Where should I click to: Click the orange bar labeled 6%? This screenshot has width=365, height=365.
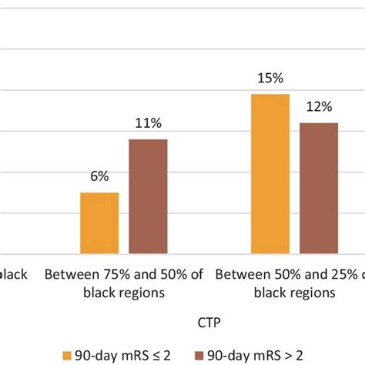[x=99, y=223]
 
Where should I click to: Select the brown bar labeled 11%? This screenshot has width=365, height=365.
[x=148, y=196]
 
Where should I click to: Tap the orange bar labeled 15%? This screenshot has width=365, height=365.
[x=270, y=173]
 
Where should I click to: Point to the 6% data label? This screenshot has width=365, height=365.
[x=99, y=176]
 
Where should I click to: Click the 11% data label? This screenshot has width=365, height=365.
[x=148, y=122]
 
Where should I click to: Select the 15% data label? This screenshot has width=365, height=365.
[x=270, y=78]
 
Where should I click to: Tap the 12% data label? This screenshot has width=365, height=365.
[x=319, y=106]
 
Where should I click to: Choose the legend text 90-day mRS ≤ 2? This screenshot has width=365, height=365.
[x=127, y=354]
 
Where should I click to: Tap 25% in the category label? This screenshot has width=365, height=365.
[x=326, y=275]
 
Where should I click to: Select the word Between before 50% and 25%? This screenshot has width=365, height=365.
[x=239, y=275]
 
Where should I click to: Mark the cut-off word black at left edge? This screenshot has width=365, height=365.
[x=14, y=275]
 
